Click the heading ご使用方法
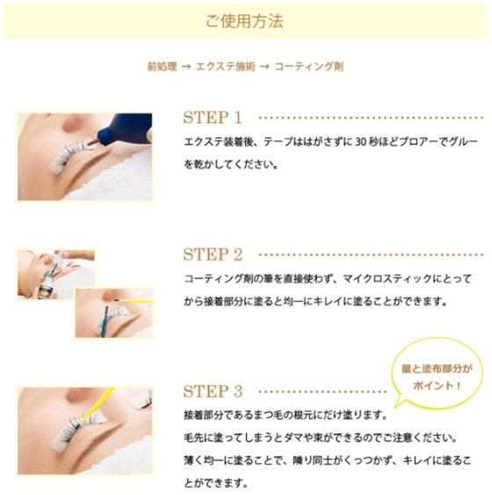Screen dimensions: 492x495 pos(244,21)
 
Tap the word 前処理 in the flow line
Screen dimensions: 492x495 pos(163,67)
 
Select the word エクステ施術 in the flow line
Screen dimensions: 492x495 pos(225,67)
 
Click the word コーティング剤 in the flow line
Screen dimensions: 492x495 pos(308,67)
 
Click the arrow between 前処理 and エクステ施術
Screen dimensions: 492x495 pos(186,67)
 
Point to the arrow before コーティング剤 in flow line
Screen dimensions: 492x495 pos(264,67)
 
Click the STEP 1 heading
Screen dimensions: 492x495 pos(213,118)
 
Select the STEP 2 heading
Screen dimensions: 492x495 pos(213,255)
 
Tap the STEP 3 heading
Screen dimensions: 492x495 pos(213,391)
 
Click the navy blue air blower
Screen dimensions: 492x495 pos(124,129)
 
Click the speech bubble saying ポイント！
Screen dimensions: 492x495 pos(437,375)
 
